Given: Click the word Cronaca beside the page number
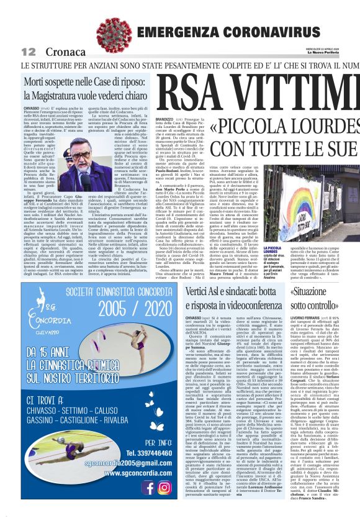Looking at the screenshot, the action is click(57, 52).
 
